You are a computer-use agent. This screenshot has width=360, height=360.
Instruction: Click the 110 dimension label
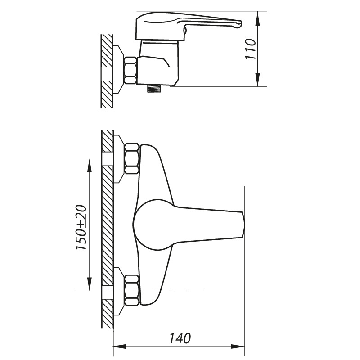(x=251, y=49)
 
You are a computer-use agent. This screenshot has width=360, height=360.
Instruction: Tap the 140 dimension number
(x=180, y=338)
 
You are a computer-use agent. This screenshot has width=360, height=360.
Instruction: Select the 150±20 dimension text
(x=81, y=227)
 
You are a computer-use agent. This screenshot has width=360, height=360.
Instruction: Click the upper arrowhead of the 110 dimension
(x=258, y=19)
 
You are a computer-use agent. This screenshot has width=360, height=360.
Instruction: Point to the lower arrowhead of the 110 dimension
(x=258, y=80)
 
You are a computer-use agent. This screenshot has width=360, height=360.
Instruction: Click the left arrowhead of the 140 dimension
(x=120, y=346)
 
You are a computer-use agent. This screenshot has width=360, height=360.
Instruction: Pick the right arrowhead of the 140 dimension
(x=238, y=346)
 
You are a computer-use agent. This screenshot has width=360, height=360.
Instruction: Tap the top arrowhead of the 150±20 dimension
(x=89, y=165)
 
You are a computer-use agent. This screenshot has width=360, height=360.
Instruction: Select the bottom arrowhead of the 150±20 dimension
(x=89, y=284)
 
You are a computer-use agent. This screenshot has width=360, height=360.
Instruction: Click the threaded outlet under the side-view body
(x=154, y=89)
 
